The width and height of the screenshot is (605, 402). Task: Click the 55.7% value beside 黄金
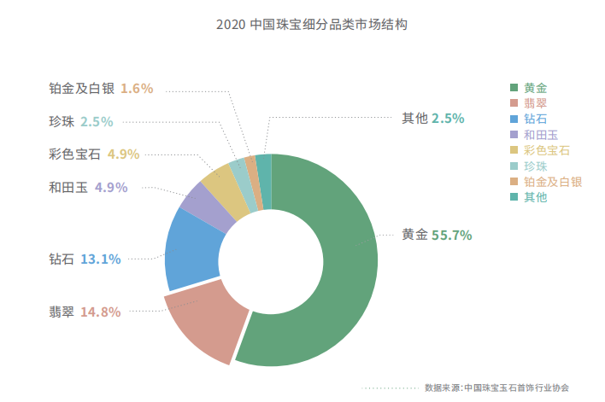452,236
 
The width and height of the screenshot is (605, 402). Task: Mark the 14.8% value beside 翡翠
100,312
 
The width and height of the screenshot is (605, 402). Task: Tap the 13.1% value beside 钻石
100,259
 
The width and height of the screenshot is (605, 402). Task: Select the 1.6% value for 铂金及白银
137,88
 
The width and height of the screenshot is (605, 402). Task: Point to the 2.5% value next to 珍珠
97,121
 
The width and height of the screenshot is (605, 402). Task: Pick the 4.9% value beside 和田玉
111,187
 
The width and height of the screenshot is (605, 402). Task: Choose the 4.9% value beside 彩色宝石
123,154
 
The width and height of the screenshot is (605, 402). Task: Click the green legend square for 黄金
513,88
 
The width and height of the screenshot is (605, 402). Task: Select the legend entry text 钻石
536,119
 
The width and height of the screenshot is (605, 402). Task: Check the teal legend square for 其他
513,197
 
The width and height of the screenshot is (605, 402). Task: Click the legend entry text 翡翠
536,103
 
